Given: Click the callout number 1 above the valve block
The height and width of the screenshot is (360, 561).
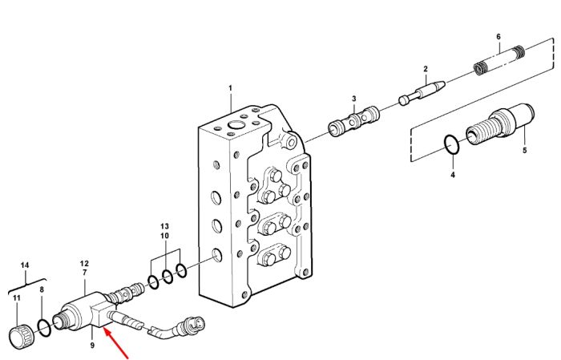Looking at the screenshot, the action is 231,87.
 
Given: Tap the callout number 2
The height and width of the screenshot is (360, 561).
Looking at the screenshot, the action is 426,69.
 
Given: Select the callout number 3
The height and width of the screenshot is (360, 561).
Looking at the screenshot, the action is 354,99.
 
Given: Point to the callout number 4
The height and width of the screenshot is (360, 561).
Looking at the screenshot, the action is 453,175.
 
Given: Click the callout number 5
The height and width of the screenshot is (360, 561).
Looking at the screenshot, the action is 524,150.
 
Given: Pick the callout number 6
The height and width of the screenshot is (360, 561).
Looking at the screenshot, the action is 498,37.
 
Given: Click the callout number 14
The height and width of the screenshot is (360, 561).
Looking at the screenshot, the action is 25,265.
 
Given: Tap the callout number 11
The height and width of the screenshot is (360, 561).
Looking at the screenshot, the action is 17,297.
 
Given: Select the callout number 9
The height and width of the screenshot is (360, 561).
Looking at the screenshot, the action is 92,346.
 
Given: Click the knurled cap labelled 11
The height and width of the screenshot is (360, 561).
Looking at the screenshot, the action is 20,337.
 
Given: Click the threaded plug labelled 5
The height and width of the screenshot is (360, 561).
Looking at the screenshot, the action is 500,125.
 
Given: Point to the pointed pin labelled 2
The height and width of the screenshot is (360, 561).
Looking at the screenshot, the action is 422,93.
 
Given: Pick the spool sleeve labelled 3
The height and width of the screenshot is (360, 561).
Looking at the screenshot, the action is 353,121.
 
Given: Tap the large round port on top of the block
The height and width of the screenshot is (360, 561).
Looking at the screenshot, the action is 236,125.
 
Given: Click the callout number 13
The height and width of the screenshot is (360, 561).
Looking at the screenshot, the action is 164,227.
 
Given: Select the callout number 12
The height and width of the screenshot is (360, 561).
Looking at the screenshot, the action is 84,263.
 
